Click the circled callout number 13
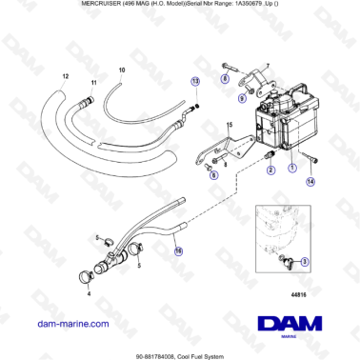[195, 82]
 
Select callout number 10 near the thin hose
[121, 70]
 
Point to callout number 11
[93, 85]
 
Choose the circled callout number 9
[242, 96]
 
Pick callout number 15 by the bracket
[228, 125]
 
